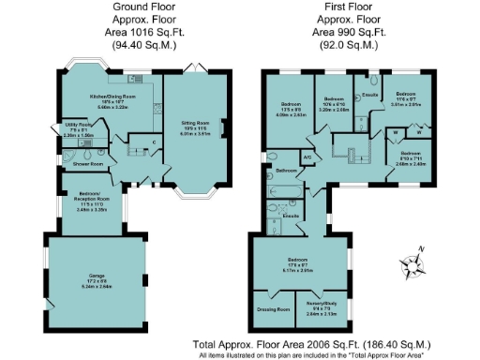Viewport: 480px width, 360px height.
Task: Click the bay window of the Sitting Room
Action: tap(196, 198)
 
